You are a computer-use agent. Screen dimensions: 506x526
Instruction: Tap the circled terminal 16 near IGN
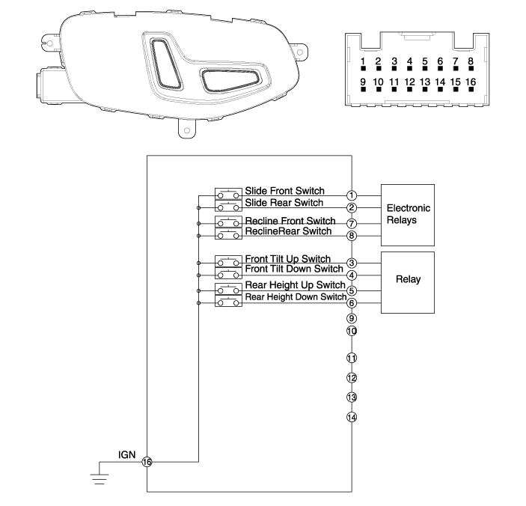pos(147,463)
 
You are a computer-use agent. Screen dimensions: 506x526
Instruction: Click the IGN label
pos(125,454)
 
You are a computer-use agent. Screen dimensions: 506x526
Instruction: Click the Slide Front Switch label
pos(284,192)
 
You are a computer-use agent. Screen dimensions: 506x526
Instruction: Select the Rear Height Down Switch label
pos(296,297)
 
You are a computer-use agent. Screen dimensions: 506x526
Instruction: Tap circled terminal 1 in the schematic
pos(352,195)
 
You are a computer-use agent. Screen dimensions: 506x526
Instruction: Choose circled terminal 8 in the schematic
pos(352,236)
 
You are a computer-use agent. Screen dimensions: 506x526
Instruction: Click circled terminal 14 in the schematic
pos(352,417)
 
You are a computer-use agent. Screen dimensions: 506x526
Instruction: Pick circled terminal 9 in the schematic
pos(352,317)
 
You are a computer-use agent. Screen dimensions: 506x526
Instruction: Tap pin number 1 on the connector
pos(362,62)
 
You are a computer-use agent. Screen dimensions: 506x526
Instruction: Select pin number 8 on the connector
pos(470,62)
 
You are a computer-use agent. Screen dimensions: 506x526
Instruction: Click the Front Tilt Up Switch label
pos(288,258)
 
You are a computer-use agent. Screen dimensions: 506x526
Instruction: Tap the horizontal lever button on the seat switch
pos(232,77)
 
